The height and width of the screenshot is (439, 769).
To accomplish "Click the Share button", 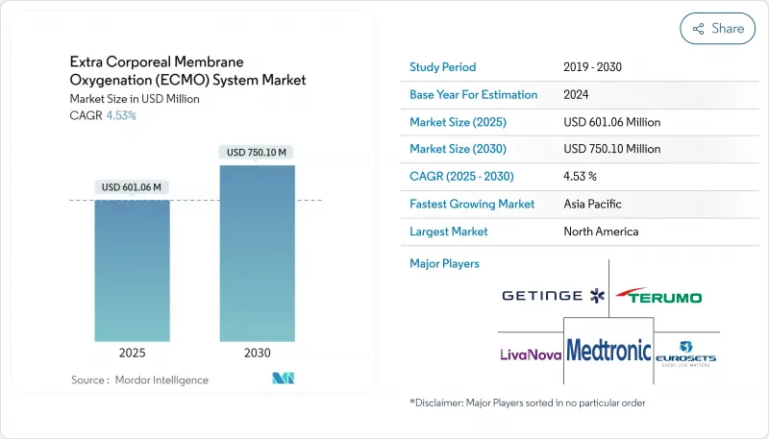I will click(x=717, y=29).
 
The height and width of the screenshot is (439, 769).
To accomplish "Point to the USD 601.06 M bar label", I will click(x=132, y=186).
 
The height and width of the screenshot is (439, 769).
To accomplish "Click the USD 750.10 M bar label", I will click(x=257, y=152).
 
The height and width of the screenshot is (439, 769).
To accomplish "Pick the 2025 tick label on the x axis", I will click(x=132, y=353).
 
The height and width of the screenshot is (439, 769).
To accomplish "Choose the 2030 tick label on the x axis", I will click(x=257, y=353).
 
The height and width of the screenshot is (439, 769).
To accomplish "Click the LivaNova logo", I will click(x=529, y=354).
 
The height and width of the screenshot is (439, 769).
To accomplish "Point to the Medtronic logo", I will click(x=608, y=351).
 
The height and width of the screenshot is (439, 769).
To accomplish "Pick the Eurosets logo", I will click(x=686, y=352).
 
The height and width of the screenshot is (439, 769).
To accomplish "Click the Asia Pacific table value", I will click(x=593, y=204).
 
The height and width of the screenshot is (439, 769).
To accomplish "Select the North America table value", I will click(x=601, y=232).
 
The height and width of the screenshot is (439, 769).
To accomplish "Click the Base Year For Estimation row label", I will click(x=473, y=95).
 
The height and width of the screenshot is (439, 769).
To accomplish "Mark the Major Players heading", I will click(x=444, y=263).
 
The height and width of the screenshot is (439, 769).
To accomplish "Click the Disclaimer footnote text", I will click(x=527, y=402).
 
